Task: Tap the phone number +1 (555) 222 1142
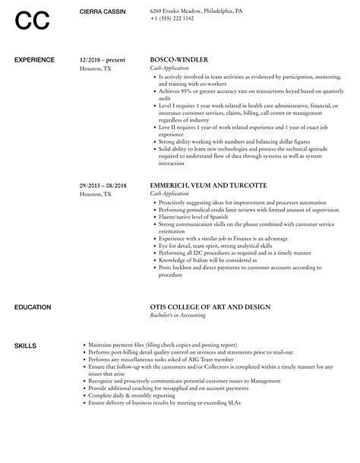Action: pos(172,17)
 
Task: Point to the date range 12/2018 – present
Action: pos(103,59)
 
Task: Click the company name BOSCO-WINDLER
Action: pos(178,59)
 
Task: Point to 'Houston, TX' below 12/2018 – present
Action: pos(95,68)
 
